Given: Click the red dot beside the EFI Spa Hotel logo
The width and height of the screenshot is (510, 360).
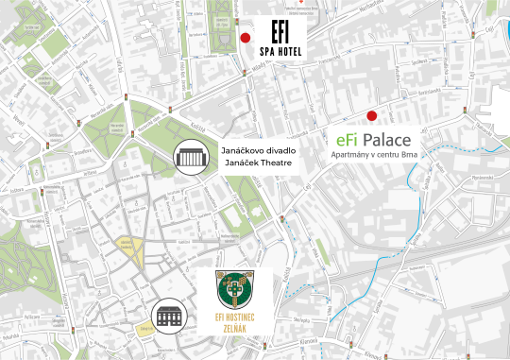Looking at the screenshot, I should point(246,39).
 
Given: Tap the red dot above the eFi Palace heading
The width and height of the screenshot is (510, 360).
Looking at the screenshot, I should point(372,116).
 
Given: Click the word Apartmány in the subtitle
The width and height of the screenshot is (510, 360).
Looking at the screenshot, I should point(349,154).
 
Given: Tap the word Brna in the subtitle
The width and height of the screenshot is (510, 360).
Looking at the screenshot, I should point(409,154).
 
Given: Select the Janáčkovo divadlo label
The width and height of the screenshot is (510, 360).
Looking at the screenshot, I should point(258,150).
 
